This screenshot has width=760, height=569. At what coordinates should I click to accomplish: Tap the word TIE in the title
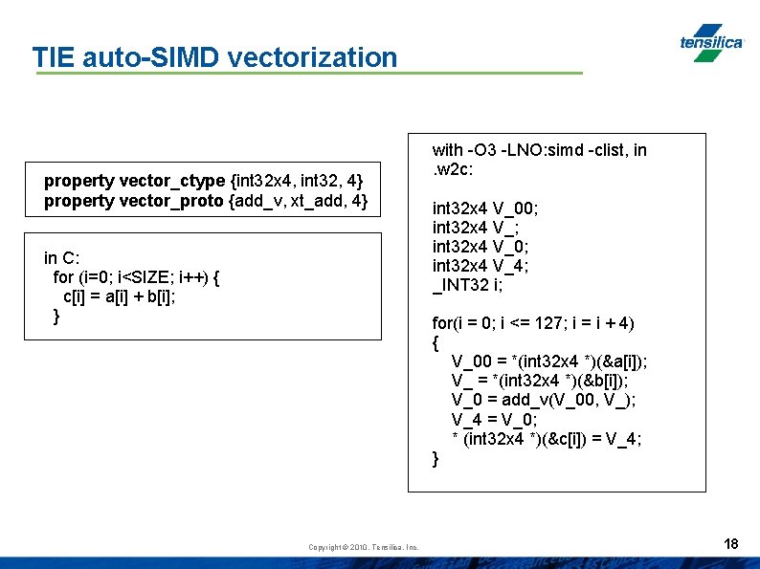(54, 57)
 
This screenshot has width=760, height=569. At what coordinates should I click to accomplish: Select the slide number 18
(731, 544)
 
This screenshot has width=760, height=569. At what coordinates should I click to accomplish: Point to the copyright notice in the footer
(364, 547)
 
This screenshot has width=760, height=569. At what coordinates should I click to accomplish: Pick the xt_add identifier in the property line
(313, 201)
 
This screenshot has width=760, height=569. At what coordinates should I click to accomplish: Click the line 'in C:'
(62, 257)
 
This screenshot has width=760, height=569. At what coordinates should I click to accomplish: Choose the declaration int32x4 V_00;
(485, 208)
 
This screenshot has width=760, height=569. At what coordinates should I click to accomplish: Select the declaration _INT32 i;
(468, 284)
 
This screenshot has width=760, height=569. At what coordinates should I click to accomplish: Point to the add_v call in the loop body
(533, 400)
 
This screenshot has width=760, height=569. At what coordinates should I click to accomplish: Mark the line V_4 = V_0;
(494, 419)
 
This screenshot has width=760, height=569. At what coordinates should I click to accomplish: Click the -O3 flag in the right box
(481, 149)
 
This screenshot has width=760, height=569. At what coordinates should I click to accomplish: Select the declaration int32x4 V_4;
(481, 265)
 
